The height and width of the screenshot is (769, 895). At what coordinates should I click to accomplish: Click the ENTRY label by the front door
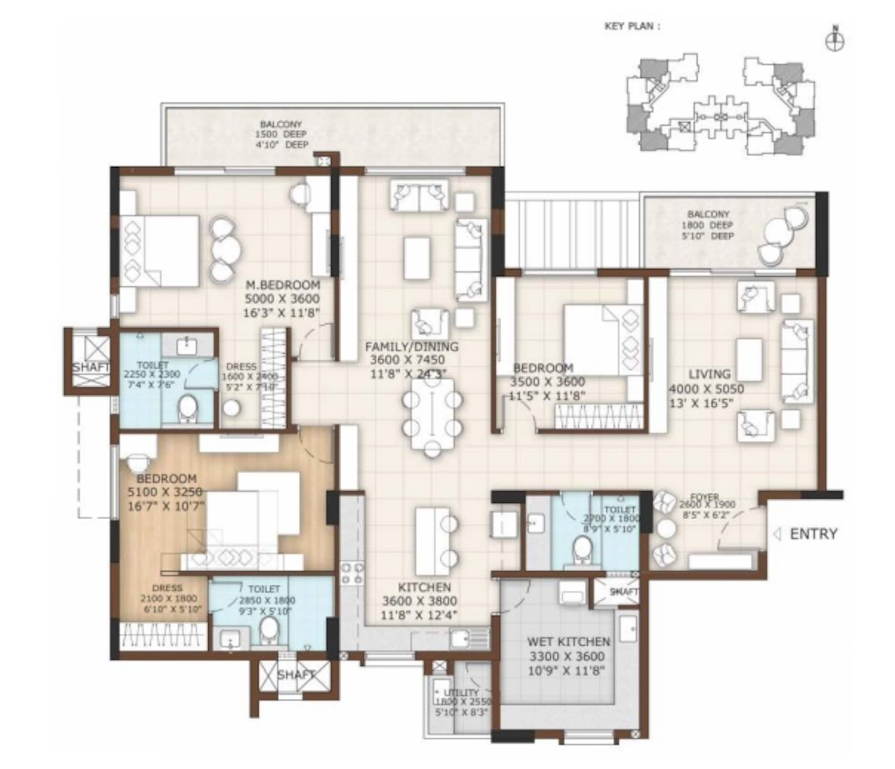click(x=813, y=534)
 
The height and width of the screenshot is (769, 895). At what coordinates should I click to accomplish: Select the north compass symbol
click(x=835, y=42)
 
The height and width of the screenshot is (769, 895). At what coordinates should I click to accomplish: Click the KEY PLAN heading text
click(x=632, y=26)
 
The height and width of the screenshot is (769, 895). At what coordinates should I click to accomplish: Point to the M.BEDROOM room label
click(x=283, y=285)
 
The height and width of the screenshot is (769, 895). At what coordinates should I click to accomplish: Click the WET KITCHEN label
click(x=568, y=642)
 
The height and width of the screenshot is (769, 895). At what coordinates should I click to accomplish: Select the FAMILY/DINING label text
click(x=411, y=346)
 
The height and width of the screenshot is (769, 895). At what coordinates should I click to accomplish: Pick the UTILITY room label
click(x=461, y=693)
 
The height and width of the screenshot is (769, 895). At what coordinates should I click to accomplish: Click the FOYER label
click(x=704, y=497)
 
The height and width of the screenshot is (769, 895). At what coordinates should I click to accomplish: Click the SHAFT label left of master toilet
click(x=91, y=367)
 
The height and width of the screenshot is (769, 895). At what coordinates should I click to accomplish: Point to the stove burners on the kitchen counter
click(x=352, y=573)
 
